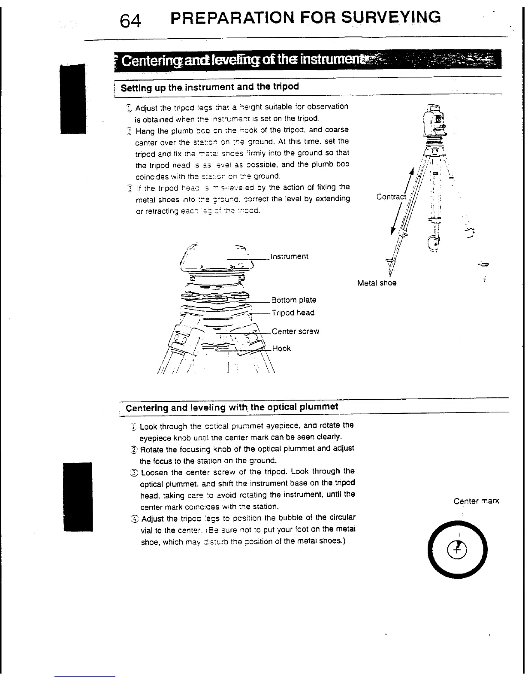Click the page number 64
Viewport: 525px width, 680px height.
click(130, 19)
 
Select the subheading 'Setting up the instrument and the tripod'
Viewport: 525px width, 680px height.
click(210, 87)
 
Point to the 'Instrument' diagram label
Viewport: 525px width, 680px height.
click(289, 257)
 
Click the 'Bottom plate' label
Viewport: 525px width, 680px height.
click(294, 300)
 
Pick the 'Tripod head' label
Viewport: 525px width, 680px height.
click(293, 313)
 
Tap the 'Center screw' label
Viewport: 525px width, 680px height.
click(296, 332)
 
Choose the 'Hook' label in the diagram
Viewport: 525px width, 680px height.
click(282, 349)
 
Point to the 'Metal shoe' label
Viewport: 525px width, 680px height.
click(377, 283)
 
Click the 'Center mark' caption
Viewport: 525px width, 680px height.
click(476, 501)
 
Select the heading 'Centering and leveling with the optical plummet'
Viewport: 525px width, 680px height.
click(232, 407)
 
